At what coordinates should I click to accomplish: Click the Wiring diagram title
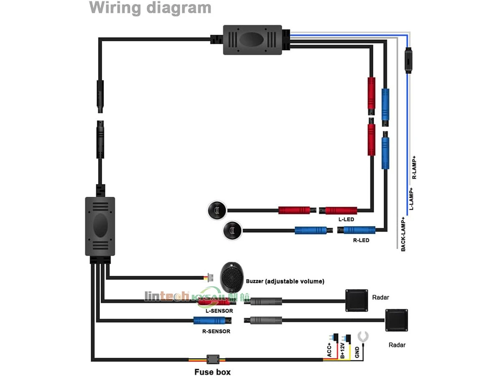pyautogui.click(x=150, y=8)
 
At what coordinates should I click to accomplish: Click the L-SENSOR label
pyautogui.click(x=219, y=311)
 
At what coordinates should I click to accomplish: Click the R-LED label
pyautogui.click(x=361, y=240)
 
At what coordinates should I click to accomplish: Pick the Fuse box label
pyautogui.click(x=212, y=371)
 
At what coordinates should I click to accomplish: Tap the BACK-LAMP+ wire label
pyautogui.click(x=403, y=234)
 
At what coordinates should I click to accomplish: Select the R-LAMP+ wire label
pyautogui.click(x=415, y=168)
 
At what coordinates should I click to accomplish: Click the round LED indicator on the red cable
pyautogui.click(x=216, y=210)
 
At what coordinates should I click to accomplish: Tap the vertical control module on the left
pyautogui.click(x=100, y=226)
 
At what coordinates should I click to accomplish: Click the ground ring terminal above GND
pyautogui.click(x=363, y=335)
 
